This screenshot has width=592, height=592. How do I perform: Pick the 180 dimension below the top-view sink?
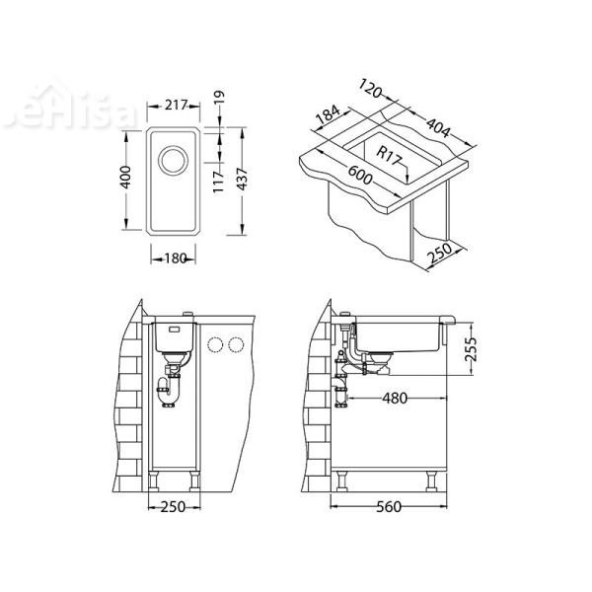point(177,259)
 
